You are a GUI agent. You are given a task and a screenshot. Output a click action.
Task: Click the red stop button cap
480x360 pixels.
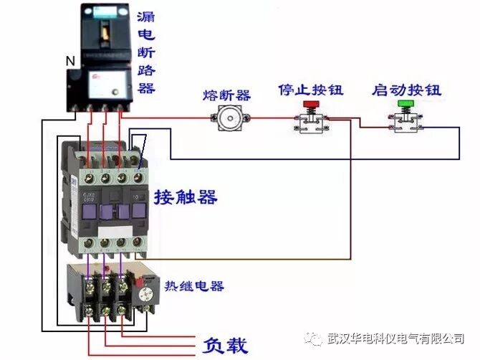click(x=312, y=105)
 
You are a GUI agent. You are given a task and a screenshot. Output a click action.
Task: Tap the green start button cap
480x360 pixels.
click(x=405, y=105)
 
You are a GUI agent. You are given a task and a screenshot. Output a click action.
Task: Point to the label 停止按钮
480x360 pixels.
click(x=310, y=91)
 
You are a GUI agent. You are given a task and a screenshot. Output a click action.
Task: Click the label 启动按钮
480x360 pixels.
click(x=406, y=91)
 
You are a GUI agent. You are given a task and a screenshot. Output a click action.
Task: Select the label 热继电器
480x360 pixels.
click(x=194, y=286)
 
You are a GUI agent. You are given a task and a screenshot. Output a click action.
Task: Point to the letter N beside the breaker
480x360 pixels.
click(x=70, y=62)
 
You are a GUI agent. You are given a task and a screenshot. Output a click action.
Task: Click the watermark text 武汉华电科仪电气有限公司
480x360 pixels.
click(x=395, y=338)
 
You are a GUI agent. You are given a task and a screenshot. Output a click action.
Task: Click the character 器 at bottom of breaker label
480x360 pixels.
click(x=146, y=88)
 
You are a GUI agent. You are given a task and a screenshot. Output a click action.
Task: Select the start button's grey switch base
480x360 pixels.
click(x=405, y=122)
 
